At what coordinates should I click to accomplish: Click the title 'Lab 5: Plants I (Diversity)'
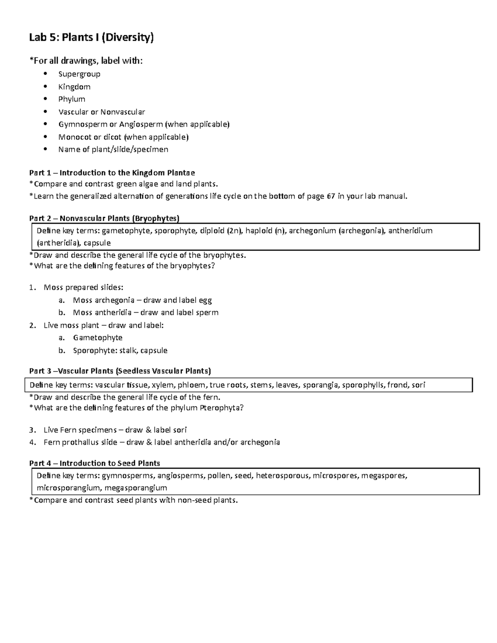click(91, 38)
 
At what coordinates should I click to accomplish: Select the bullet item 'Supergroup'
click(79, 74)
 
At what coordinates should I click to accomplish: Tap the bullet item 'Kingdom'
click(74, 87)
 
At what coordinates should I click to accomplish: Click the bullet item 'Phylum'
click(72, 99)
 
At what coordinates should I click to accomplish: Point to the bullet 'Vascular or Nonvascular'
click(101, 112)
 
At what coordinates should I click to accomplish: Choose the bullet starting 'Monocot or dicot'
click(123, 137)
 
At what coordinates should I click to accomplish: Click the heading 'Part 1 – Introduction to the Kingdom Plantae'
click(112, 173)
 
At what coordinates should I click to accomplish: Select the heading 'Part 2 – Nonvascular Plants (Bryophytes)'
click(104, 219)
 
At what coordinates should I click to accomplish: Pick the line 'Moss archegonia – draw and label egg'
click(142, 300)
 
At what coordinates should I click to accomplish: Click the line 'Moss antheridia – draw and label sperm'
click(145, 313)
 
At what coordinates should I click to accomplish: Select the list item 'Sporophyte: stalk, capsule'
click(120, 350)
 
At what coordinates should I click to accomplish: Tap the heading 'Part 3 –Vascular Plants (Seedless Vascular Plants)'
click(120, 371)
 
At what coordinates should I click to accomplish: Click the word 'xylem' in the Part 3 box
click(163, 385)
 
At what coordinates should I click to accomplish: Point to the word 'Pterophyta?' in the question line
click(222, 408)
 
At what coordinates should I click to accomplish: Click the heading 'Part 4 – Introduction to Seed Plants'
click(94, 463)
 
